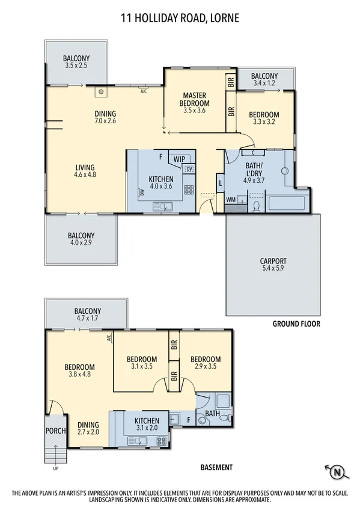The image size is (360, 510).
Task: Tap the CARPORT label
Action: point(273,261)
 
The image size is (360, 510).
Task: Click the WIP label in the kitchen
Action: point(178,159)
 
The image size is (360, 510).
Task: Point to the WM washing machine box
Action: point(231,199)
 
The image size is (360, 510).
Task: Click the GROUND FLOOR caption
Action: point(296,324)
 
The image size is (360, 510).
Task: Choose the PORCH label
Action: point(55,431)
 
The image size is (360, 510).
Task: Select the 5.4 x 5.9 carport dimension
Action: point(273,269)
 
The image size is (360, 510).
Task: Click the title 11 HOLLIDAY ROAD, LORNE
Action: point(180,19)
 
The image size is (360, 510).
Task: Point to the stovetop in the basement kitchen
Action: point(161,441)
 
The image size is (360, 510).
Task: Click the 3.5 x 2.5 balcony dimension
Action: point(75,66)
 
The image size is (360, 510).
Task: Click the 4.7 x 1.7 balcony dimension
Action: point(87,318)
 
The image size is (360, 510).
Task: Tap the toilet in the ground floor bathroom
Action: point(257,206)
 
